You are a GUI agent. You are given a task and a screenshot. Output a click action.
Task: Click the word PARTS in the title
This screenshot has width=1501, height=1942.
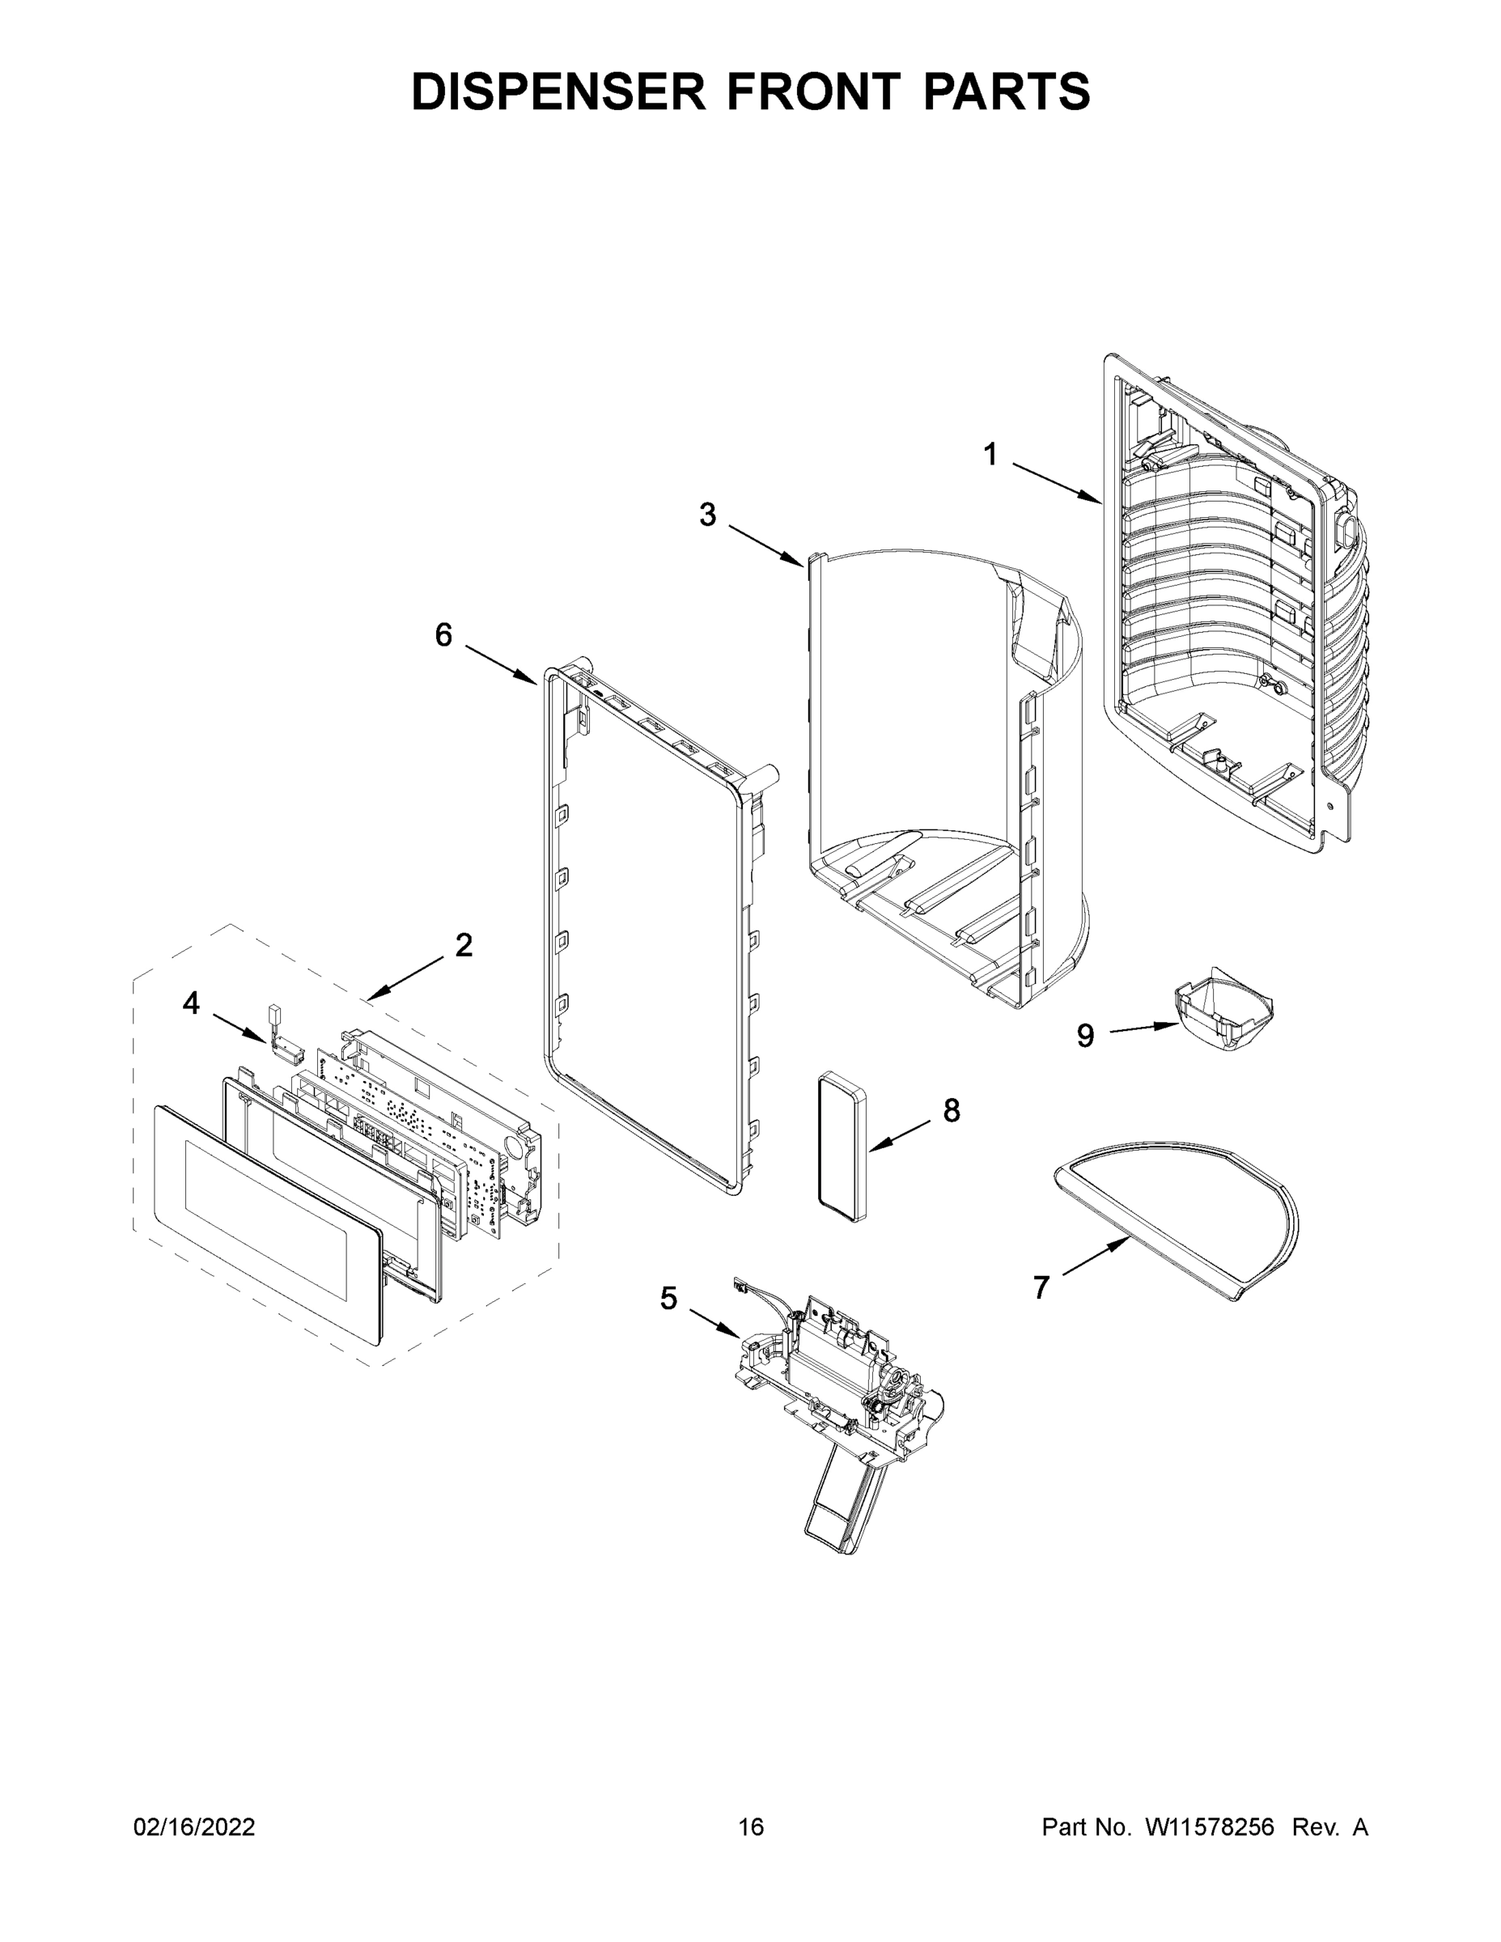(x=1007, y=91)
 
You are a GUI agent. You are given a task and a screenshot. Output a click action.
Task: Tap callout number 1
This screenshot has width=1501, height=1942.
(x=990, y=455)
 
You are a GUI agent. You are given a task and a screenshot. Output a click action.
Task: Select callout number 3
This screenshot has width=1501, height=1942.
(x=707, y=514)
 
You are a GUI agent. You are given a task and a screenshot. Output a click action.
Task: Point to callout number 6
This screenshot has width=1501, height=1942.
(x=443, y=635)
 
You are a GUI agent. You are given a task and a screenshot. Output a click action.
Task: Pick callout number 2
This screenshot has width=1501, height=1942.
(x=464, y=945)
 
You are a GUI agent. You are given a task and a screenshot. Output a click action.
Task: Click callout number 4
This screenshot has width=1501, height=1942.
(x=191, y=1003)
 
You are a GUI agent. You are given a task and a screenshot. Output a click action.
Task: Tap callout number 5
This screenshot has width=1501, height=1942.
(x=668, y=1299)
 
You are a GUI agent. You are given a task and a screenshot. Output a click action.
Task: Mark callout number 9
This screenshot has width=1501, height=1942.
(x=1085, y=1035)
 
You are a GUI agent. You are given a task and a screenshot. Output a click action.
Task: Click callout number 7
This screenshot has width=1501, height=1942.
(x=1041, y=1287)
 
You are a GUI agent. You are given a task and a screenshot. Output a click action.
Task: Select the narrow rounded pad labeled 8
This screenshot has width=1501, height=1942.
(x=844, y=1147)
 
